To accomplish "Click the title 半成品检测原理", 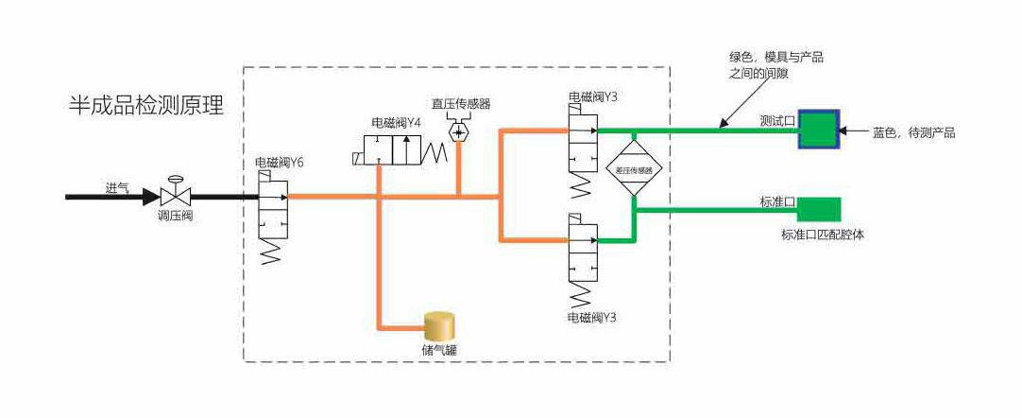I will point(146,105).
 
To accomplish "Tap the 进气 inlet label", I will point(117,186).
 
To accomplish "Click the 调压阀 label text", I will point(175,216).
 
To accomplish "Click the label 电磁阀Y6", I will point(279,163).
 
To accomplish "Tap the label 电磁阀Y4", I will point(395,122).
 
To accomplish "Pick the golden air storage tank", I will point(438,326).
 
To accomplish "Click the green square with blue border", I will point(818,129).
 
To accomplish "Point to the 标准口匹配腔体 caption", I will point(822,235).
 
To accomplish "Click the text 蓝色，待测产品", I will point(913,133).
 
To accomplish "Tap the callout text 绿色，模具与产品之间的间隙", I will point(775,65).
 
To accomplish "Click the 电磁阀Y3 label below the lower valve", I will point(592,317).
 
